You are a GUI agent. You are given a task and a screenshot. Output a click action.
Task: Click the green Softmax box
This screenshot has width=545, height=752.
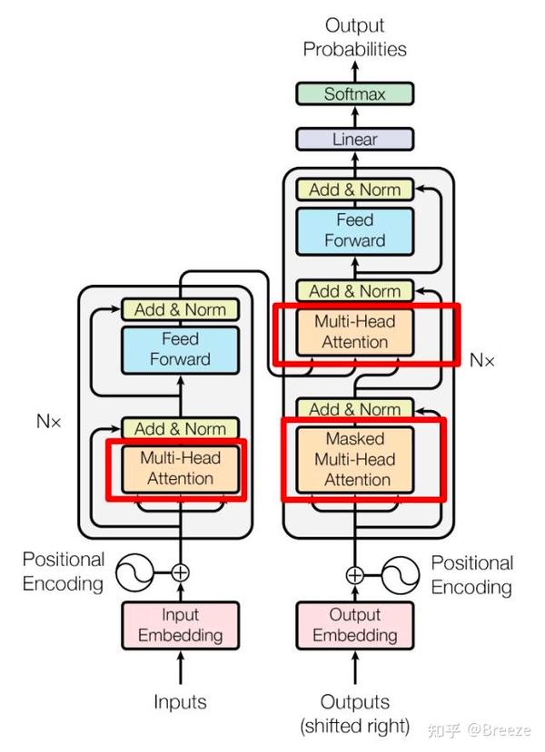[354, 93]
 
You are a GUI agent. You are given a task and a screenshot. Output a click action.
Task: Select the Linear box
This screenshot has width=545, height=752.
[354, 139]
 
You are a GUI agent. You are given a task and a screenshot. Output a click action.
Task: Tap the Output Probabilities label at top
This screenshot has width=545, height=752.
[354, 37]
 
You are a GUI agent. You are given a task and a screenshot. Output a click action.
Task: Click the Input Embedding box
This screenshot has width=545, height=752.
[181, 625]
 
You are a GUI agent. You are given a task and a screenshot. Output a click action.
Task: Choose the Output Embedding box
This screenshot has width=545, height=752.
[354, 625]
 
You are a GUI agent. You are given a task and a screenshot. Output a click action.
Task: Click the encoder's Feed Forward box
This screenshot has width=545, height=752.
[180, 348]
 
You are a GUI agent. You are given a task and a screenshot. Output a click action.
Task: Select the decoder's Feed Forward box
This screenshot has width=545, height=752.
[354, 230]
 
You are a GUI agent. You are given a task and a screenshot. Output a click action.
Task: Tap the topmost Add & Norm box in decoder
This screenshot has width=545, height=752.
[354, 190]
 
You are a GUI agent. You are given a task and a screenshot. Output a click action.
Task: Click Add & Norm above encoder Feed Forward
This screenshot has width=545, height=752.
[180, 309]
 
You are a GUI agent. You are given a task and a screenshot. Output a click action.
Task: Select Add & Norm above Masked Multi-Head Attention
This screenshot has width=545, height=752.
[354, 409]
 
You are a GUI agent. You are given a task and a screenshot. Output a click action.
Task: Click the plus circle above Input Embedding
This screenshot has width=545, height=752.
[181, 572]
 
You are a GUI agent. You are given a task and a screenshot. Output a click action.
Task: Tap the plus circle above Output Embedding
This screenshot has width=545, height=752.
[354, 574]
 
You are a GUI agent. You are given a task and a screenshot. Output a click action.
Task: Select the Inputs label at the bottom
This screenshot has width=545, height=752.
[180, 701]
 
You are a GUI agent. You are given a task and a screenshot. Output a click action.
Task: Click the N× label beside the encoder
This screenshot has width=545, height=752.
[48, 421]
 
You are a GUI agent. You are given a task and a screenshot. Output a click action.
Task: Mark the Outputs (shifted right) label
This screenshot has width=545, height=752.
[354, 713]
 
